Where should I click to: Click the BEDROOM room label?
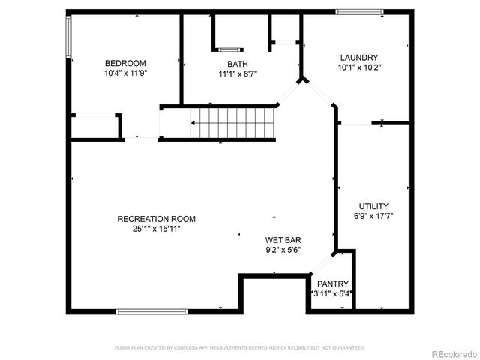125,63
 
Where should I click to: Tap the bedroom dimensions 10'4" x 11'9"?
125,73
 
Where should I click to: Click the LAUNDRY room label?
358,58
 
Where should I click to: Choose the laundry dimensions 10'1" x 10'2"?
358,67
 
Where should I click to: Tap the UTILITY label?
373,205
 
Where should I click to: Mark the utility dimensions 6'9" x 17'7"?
373,215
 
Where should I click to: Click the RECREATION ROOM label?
156,219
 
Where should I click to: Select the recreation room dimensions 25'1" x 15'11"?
156,229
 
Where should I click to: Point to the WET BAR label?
283,240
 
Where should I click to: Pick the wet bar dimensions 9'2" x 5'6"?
283,250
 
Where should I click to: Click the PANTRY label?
332,283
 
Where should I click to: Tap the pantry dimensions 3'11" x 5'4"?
332,293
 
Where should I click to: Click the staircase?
232,123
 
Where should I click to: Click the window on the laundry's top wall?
359,11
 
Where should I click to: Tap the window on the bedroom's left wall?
69,37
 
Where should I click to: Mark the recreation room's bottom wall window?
151,310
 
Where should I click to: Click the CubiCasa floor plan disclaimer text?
239,348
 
